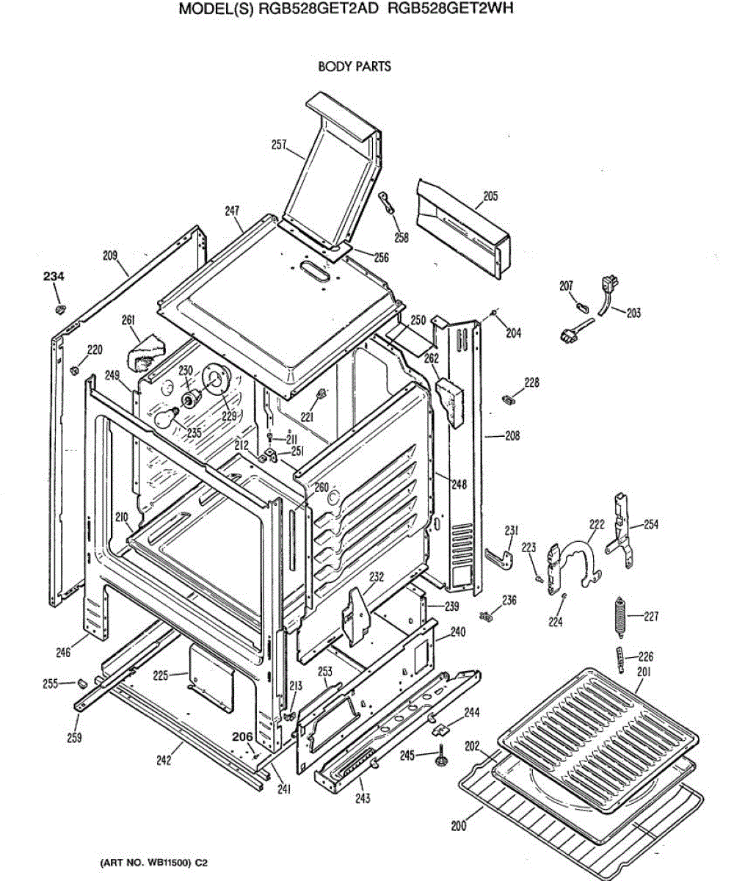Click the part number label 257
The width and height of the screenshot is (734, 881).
[x=278, y=145]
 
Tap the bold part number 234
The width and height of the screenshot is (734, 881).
[x=53, y=276]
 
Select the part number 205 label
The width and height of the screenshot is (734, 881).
[x=490, y=196]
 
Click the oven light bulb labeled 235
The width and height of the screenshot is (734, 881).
[x=165, y=419]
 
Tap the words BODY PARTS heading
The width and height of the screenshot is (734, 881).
[x=355, y=66]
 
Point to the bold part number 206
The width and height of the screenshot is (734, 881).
[x=242, y=736]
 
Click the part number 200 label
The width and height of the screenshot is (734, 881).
[x=458, y=825]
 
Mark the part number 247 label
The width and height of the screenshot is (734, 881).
[x=233, y=211]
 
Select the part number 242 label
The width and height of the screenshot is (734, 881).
[x=164, y=760]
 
